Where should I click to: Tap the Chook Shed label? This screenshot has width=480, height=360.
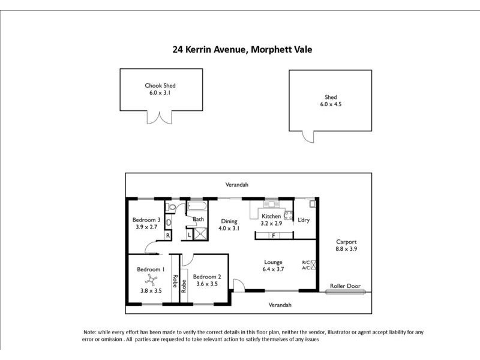160,85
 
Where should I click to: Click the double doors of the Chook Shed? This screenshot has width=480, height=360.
160,117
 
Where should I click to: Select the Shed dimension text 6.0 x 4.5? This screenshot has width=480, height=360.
331,104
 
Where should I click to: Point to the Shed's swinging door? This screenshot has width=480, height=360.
308,136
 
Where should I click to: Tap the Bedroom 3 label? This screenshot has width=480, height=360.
146,220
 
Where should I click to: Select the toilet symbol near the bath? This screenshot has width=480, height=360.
172,208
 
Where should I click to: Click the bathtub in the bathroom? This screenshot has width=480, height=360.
197,207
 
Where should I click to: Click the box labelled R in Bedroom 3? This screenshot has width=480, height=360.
167,235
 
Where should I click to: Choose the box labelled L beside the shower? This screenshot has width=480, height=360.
189,235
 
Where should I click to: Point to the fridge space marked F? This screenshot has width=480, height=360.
274,235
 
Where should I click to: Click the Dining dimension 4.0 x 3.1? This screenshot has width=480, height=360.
229,228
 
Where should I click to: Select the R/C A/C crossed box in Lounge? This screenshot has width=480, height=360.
313,265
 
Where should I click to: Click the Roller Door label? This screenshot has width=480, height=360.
346,286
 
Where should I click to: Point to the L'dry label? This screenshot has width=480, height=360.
304,220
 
